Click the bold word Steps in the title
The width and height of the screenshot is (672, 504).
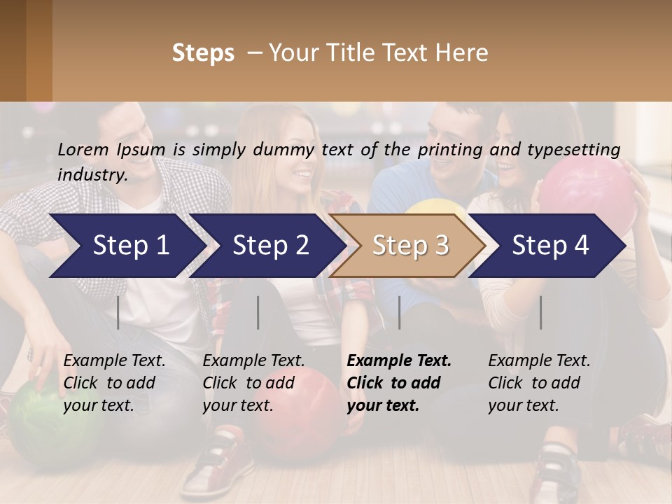point(203,53)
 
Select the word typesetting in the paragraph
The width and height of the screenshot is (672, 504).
point(577,149)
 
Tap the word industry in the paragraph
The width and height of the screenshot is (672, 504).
point(91,175)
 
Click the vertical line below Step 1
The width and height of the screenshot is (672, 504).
point(118,312)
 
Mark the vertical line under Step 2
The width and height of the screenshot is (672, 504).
point(258,312)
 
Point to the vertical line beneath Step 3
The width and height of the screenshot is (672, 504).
point(399,312)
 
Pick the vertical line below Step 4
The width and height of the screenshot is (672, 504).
point(540,312)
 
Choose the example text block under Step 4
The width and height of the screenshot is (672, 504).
point(538,383)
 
